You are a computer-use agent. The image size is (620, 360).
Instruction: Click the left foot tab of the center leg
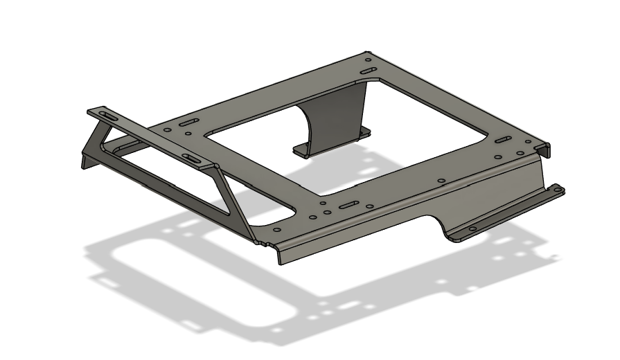pyautogui.click(x=303, y=149)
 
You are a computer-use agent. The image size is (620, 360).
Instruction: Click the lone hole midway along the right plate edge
pyautogui.click(x=441, y=182)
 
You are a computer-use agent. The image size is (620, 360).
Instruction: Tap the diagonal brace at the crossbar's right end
pyautogui.click(x=232, y=201)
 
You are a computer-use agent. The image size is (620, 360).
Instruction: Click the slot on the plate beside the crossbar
pyautogui.click(x=188, y=123)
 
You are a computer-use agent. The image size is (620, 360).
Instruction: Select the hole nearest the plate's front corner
pyautogui.click(x=277, y=230)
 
